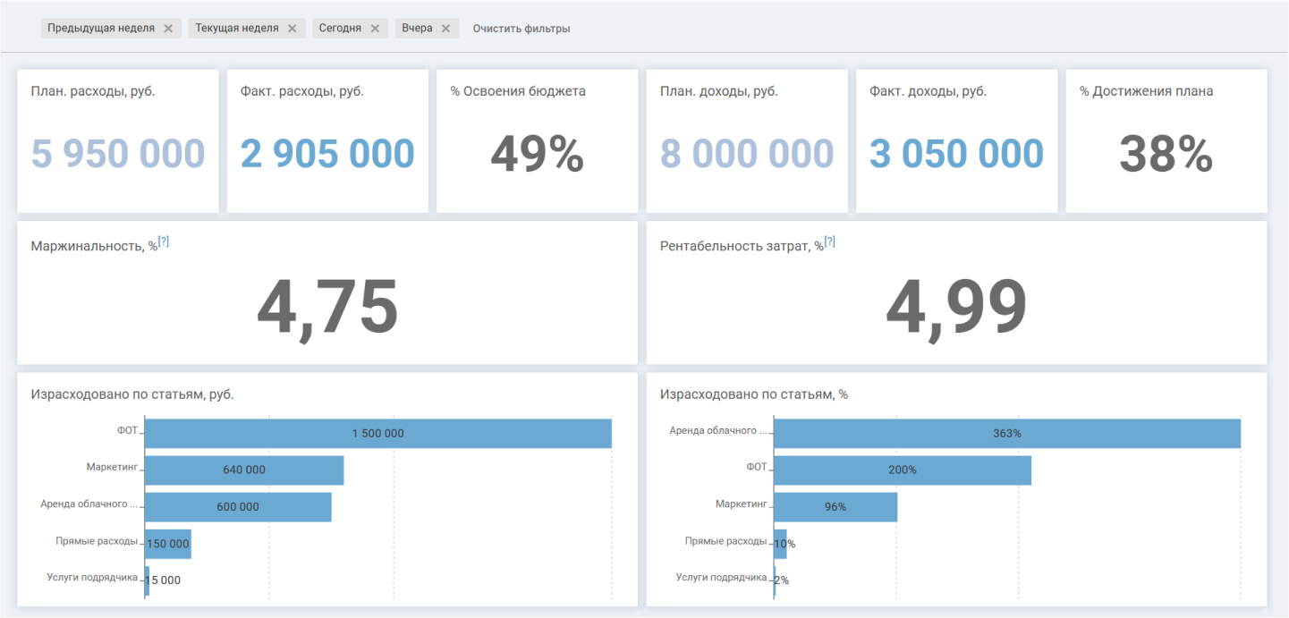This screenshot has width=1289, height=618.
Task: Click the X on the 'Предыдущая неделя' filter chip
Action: [x=168, y=29]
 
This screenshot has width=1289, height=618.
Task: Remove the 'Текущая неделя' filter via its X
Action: [x=293, y=29]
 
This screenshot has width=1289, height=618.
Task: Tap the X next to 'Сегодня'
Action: [x=375, y=29]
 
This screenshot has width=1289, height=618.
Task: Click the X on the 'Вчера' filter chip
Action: [x=446, y=29]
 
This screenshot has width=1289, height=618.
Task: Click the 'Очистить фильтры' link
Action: [x=522, y=29]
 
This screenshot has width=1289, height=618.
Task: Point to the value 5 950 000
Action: [x=118, y=154]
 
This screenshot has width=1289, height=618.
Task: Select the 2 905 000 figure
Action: [x=327, y=154]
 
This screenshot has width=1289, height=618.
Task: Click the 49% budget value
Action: [x=537, y=154]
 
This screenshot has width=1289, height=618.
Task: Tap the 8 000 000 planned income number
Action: [x=747, y=154]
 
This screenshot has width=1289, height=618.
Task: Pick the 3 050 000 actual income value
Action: [x=956, y=154]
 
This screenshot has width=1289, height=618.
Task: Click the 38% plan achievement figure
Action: [x=1166, y=154]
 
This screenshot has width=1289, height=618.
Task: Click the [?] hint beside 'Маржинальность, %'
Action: [x=164, y=241]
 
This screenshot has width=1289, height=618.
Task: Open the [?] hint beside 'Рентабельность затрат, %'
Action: [x=830, y=241]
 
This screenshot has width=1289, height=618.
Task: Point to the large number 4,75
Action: [x=327, y=307]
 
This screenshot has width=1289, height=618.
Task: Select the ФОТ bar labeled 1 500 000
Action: [x=378, y=433]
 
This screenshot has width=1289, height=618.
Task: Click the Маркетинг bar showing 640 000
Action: [x=244, y=470]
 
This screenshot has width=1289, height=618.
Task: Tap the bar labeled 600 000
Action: [x=238, y=507]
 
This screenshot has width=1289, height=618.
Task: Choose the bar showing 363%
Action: [x=1007, y=433]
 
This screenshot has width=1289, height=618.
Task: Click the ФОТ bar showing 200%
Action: [x=903, y=470]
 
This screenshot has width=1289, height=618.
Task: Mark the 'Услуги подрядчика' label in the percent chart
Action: [x=721, y=577]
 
